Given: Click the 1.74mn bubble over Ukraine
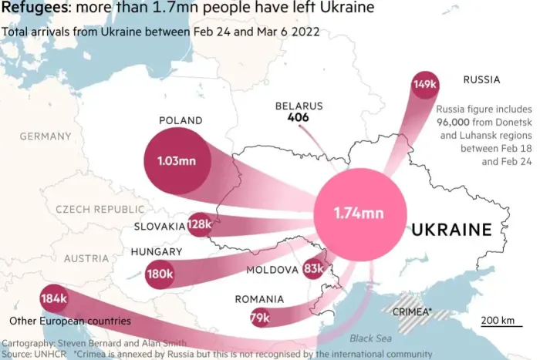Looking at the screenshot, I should tap(358, 213).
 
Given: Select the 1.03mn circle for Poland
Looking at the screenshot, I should tap(177, 161).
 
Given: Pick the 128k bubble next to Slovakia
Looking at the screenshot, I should tap(199, 225).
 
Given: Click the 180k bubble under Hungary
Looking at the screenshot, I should tap(160, 274).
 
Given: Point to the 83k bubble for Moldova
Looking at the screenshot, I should tap(314, 269).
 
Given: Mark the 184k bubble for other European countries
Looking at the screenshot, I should tap(55, 298).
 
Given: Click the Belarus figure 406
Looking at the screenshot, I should tap(299, 118).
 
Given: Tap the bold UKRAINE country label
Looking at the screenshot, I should tap(451, 230).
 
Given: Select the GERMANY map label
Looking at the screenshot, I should tap(46, 136).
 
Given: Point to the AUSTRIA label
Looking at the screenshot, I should tap(86, 258).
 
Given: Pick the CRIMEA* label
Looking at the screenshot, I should tap(412, 312).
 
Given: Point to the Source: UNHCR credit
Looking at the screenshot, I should tap(33, 353).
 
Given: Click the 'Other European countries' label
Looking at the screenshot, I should tap(69, 321).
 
